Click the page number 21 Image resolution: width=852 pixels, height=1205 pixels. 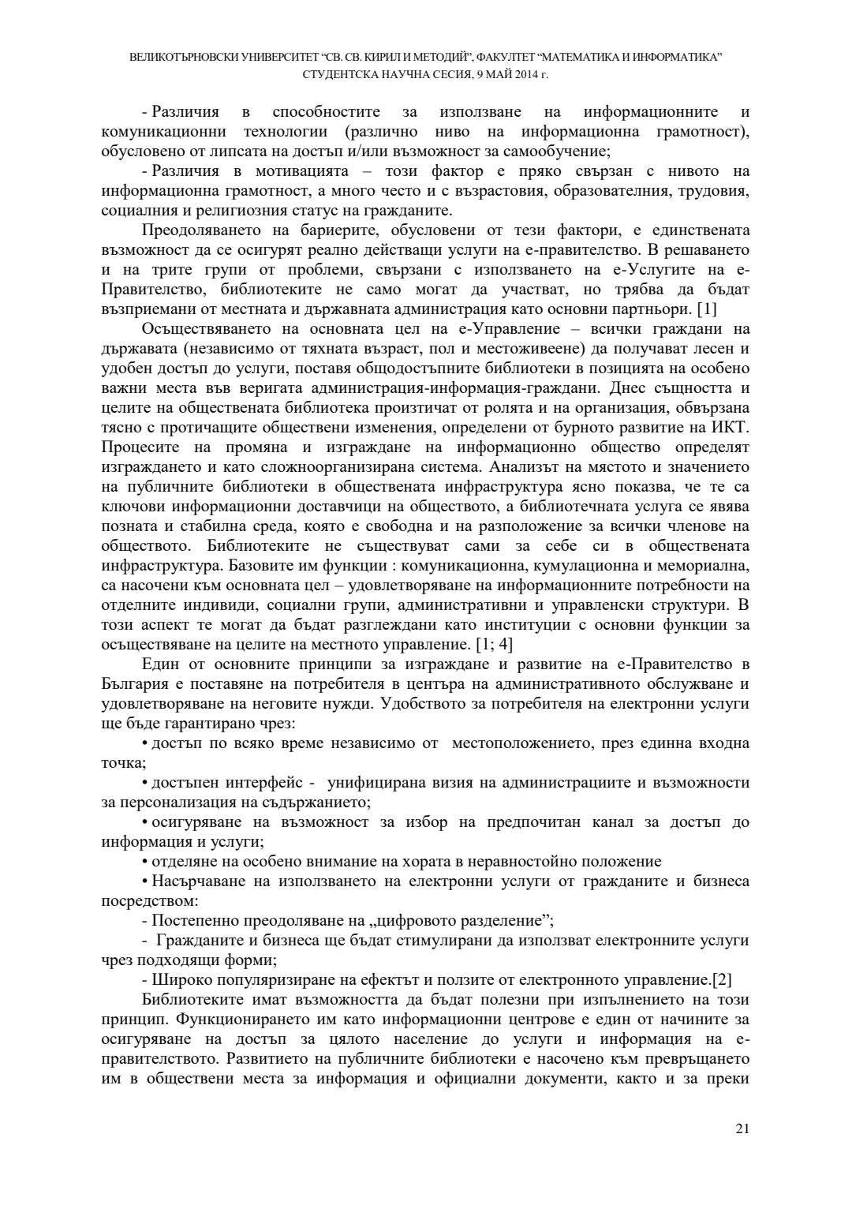[x=742, y=1129]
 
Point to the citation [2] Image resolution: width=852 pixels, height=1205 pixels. [x=721, y=980]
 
